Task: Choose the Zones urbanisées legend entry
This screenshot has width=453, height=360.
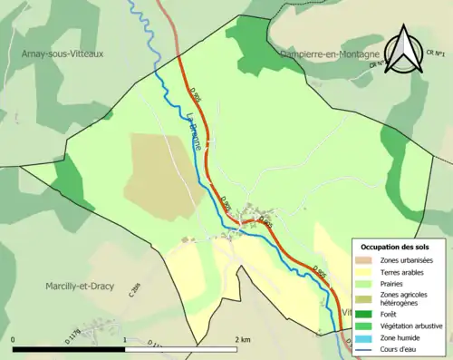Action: click(401, 260)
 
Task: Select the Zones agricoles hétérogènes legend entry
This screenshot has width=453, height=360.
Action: click(404, 298)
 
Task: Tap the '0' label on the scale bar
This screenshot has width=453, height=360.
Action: click(14, 339)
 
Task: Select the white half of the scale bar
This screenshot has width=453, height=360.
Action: click(180, 347)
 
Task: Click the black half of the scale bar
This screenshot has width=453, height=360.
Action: click(69, 347)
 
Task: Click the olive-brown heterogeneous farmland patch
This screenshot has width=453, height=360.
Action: click(163, 172)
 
